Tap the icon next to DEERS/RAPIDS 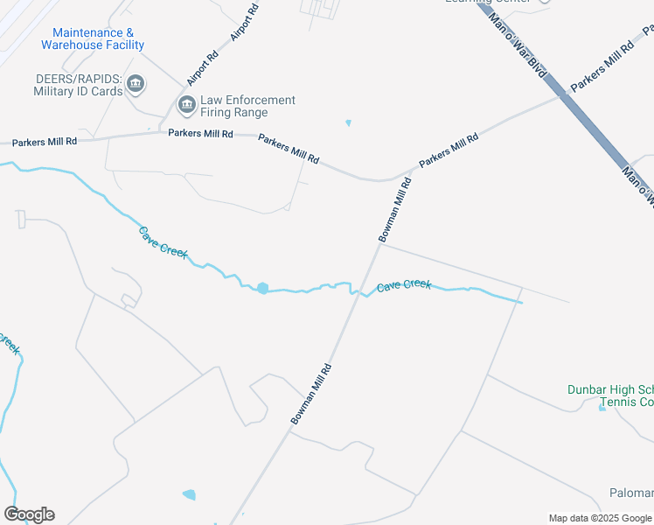(x=136, y=84)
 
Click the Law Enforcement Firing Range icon (x=186, y=106)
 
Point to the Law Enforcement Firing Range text (x=247, y=106)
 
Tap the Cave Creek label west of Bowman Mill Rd (x=163, y=241)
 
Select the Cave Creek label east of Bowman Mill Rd (x=403, y=285)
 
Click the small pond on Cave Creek (x=262, y=288)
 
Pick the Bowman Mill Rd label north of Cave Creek (x=394, y=209)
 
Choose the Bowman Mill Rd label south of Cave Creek (x=311, y=395)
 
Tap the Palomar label (x=631, y=493)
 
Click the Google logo (x=29, y=514)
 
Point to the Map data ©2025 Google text (x=600, y=518)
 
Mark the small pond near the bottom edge (x=189, y=495)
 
